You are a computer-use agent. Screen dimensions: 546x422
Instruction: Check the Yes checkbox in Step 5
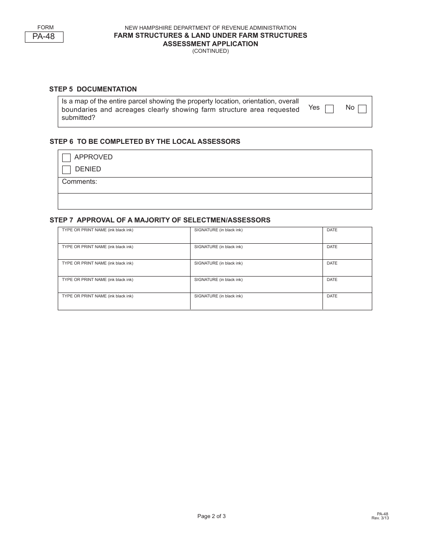(x=329, y=109)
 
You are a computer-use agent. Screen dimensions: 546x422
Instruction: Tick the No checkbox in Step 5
(x=362, y=109)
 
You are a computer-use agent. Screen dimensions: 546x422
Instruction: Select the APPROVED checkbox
(x=67, y=158)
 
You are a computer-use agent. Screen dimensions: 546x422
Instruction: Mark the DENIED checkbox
(x=67, y=170)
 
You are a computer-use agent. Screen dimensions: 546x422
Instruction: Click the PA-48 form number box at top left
(x=44, y=37)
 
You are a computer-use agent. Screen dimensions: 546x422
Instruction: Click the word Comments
(x=80, y=182)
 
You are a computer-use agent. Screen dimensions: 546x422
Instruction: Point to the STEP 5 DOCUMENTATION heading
(x=93, y=89)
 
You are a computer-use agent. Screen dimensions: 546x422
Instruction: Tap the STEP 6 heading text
(x=145, y=142)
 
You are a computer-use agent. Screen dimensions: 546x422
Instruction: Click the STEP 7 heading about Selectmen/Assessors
(x=160, y=220)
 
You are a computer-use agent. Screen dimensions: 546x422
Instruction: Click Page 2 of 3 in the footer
(x=211, y=516)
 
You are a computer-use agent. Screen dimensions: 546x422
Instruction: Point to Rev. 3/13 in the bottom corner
(x=380, y=518)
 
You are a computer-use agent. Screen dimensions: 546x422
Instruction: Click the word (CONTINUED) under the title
(x=211, y=51)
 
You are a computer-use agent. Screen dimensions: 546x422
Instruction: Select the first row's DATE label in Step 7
(x=332, y=230)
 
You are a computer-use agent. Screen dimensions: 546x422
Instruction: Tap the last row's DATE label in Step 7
(x=332, y=296)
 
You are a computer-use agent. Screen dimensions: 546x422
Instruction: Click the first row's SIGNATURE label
(x=219, y=230)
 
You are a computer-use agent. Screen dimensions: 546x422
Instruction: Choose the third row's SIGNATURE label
(x=219, y=263)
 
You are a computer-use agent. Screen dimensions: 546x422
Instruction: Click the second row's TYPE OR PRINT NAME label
(x=97, y=247)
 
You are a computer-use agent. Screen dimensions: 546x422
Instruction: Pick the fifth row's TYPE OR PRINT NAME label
(x=97, y=296)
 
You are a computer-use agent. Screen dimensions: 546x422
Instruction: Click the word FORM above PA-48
(x=45, y=28)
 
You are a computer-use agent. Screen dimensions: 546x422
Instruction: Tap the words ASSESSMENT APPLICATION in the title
(x=211, y=44)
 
